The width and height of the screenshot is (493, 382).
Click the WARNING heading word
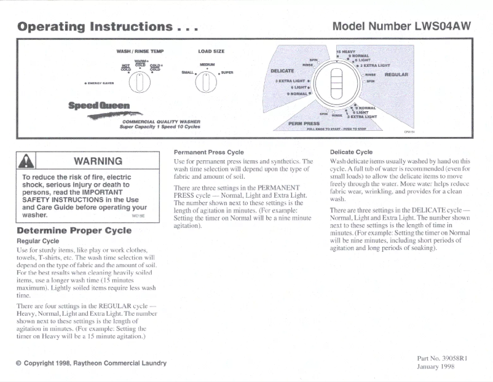pyautogui.click(x=98, y=162)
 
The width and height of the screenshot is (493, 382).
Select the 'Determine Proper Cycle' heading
pyautogui.click(x=74, y=231)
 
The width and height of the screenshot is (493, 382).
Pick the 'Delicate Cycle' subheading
pyautogui.click(x=351, y=151)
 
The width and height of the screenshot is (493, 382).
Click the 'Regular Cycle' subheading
pyautogui.click(x=37, y=241)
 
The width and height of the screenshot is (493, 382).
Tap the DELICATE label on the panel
pyautogui.click(x=282, y=71)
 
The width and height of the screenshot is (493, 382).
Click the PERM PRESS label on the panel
pyautogui.click(x=303, y=123)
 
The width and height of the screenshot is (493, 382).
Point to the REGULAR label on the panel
pyautogui.click(x=396, y=74)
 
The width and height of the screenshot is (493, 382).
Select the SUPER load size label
pyautogui.click(x=227, y=72)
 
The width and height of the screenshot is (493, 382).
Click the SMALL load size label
pyautogui.click(x=187, y=72)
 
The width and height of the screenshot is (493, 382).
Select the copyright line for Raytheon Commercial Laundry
pyautogui.click(x=91, y=363)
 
